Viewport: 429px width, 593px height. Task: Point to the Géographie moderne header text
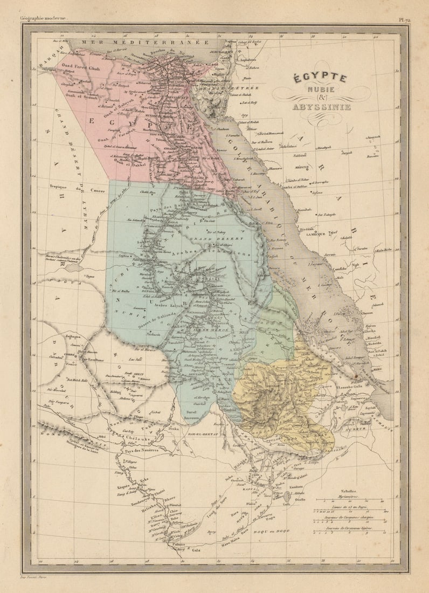(x=43, y=18)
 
